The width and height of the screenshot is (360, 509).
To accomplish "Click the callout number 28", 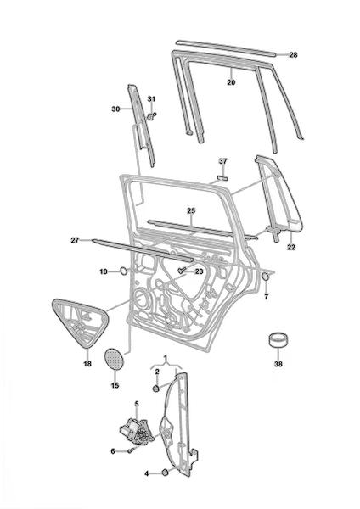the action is tap(293, 55).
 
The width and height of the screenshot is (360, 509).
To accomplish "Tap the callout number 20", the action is tap(231, 82).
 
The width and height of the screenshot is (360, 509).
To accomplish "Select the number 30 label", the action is tap(115, 109).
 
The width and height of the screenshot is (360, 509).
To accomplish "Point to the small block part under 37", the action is tap(222, 177).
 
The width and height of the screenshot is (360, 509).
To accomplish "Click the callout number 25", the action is tap(191, 210).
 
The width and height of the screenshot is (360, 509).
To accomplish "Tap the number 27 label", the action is tap(75, 241).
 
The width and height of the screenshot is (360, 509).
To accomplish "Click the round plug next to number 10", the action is tap(124, 271).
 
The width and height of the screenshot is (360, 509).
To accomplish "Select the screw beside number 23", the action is tap(182, 270).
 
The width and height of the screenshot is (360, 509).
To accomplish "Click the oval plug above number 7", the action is tap(266, 277).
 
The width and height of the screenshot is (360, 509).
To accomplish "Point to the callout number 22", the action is tap(291, 247).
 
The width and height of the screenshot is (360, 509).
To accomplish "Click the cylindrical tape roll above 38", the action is tap(278, 340).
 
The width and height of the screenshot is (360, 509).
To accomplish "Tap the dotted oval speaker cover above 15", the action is tap(115, 358).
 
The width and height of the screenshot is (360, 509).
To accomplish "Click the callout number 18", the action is tap(87, 364).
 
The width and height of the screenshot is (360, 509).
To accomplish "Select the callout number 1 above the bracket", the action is tap(166, 358).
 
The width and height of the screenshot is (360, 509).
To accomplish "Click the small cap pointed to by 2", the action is tap(156, 388).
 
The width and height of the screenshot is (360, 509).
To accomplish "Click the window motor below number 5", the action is tap(137, 430).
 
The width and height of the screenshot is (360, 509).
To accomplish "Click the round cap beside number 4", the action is tap(166, 473).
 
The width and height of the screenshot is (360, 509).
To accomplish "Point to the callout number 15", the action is tap(115, 386).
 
